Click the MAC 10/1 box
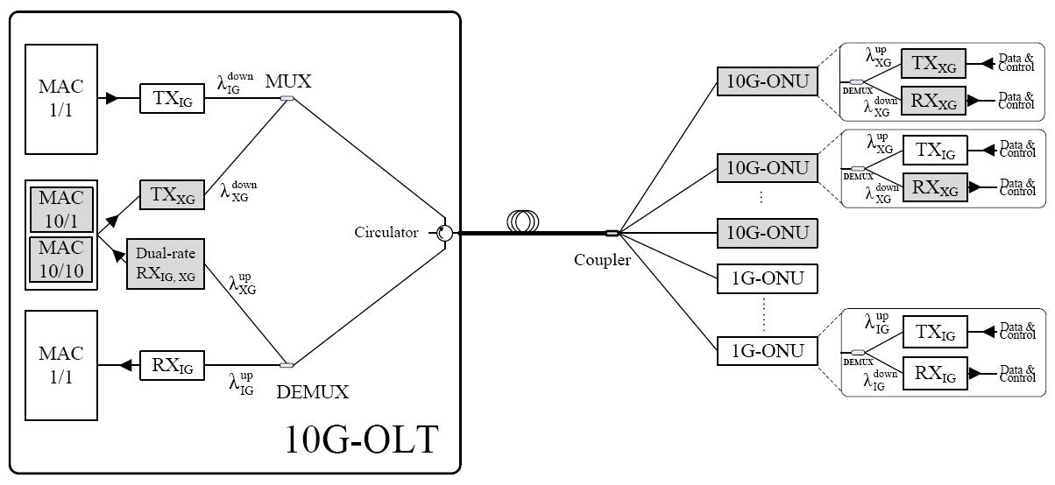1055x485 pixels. coord(60,210)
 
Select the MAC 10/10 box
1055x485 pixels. coord(60,260)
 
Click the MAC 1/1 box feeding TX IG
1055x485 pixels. coord(60,99)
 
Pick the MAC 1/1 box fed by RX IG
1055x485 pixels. coord(60,364)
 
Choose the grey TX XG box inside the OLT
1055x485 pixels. coord(172,194)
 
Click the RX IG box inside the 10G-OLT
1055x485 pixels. coord(172,364)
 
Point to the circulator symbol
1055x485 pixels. coord(445,233)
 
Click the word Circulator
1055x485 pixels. coord(386,233)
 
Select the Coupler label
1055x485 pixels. coord(602,260)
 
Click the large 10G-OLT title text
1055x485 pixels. coord(360,439)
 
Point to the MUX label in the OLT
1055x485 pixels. coord(288,81)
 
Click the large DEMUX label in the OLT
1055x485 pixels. coord(312,392)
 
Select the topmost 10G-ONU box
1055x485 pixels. coord(767,81)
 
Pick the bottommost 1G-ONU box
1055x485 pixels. coord(767,350)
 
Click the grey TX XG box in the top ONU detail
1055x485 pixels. coord(933,63)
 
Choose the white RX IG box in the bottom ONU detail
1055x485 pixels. coord(933,374)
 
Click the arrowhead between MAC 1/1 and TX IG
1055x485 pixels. coord(111,99)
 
